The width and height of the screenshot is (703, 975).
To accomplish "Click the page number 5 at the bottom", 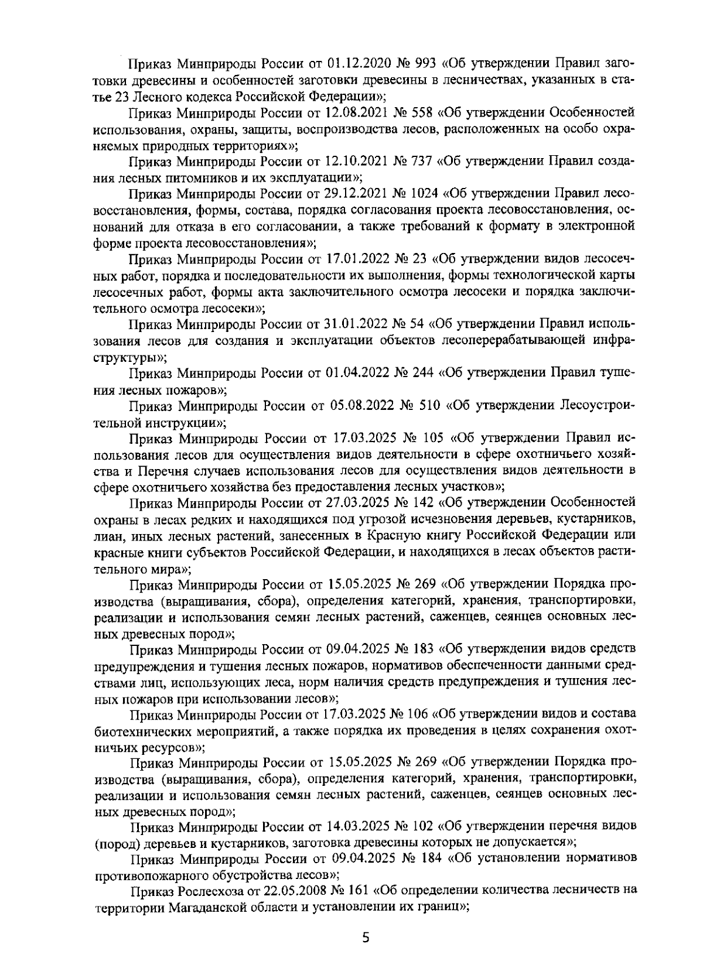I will point(366,938).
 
